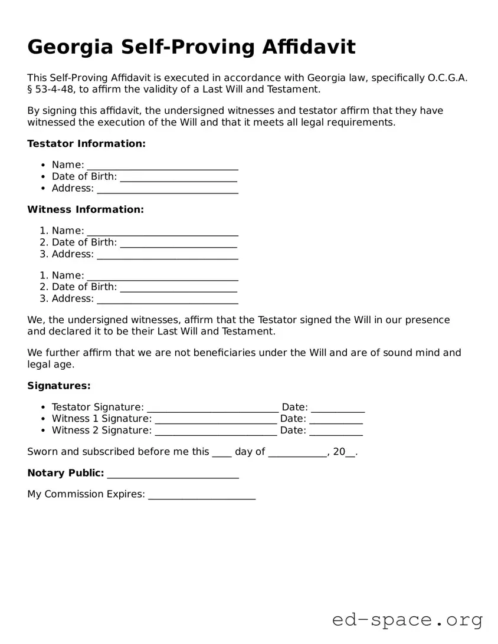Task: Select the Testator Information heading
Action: coord(86,144)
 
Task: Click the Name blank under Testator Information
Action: coord(162,166)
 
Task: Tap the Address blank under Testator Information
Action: coord(168,189)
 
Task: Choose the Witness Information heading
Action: coord(86,210)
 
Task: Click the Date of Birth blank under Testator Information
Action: coord(178,178)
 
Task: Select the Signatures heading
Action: coord(59,386)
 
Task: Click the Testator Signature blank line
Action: coord(212,408)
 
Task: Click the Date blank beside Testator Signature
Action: coord(338,408)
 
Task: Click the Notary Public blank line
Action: coord(173,474)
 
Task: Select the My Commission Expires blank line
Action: coord(202,495)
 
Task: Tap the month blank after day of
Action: coord(297,453)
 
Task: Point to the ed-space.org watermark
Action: coord(407,620)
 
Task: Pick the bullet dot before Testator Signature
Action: coord(44,408)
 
